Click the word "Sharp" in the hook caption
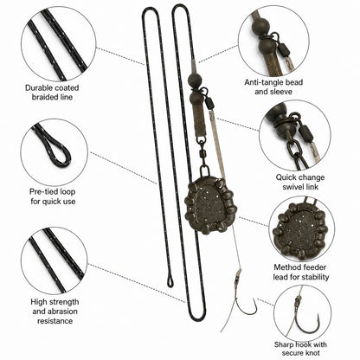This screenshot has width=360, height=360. (x=283, y=344)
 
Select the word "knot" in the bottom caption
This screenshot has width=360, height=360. (x=312, y=353)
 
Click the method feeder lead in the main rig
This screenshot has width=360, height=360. (x=207, y=205)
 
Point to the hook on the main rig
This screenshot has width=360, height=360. (x=245, y=305)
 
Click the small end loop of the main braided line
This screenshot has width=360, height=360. (x=170, y=281)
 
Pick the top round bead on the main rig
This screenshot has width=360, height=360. (x=194, y=79)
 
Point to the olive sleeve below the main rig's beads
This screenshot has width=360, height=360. (x=200, y=120)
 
